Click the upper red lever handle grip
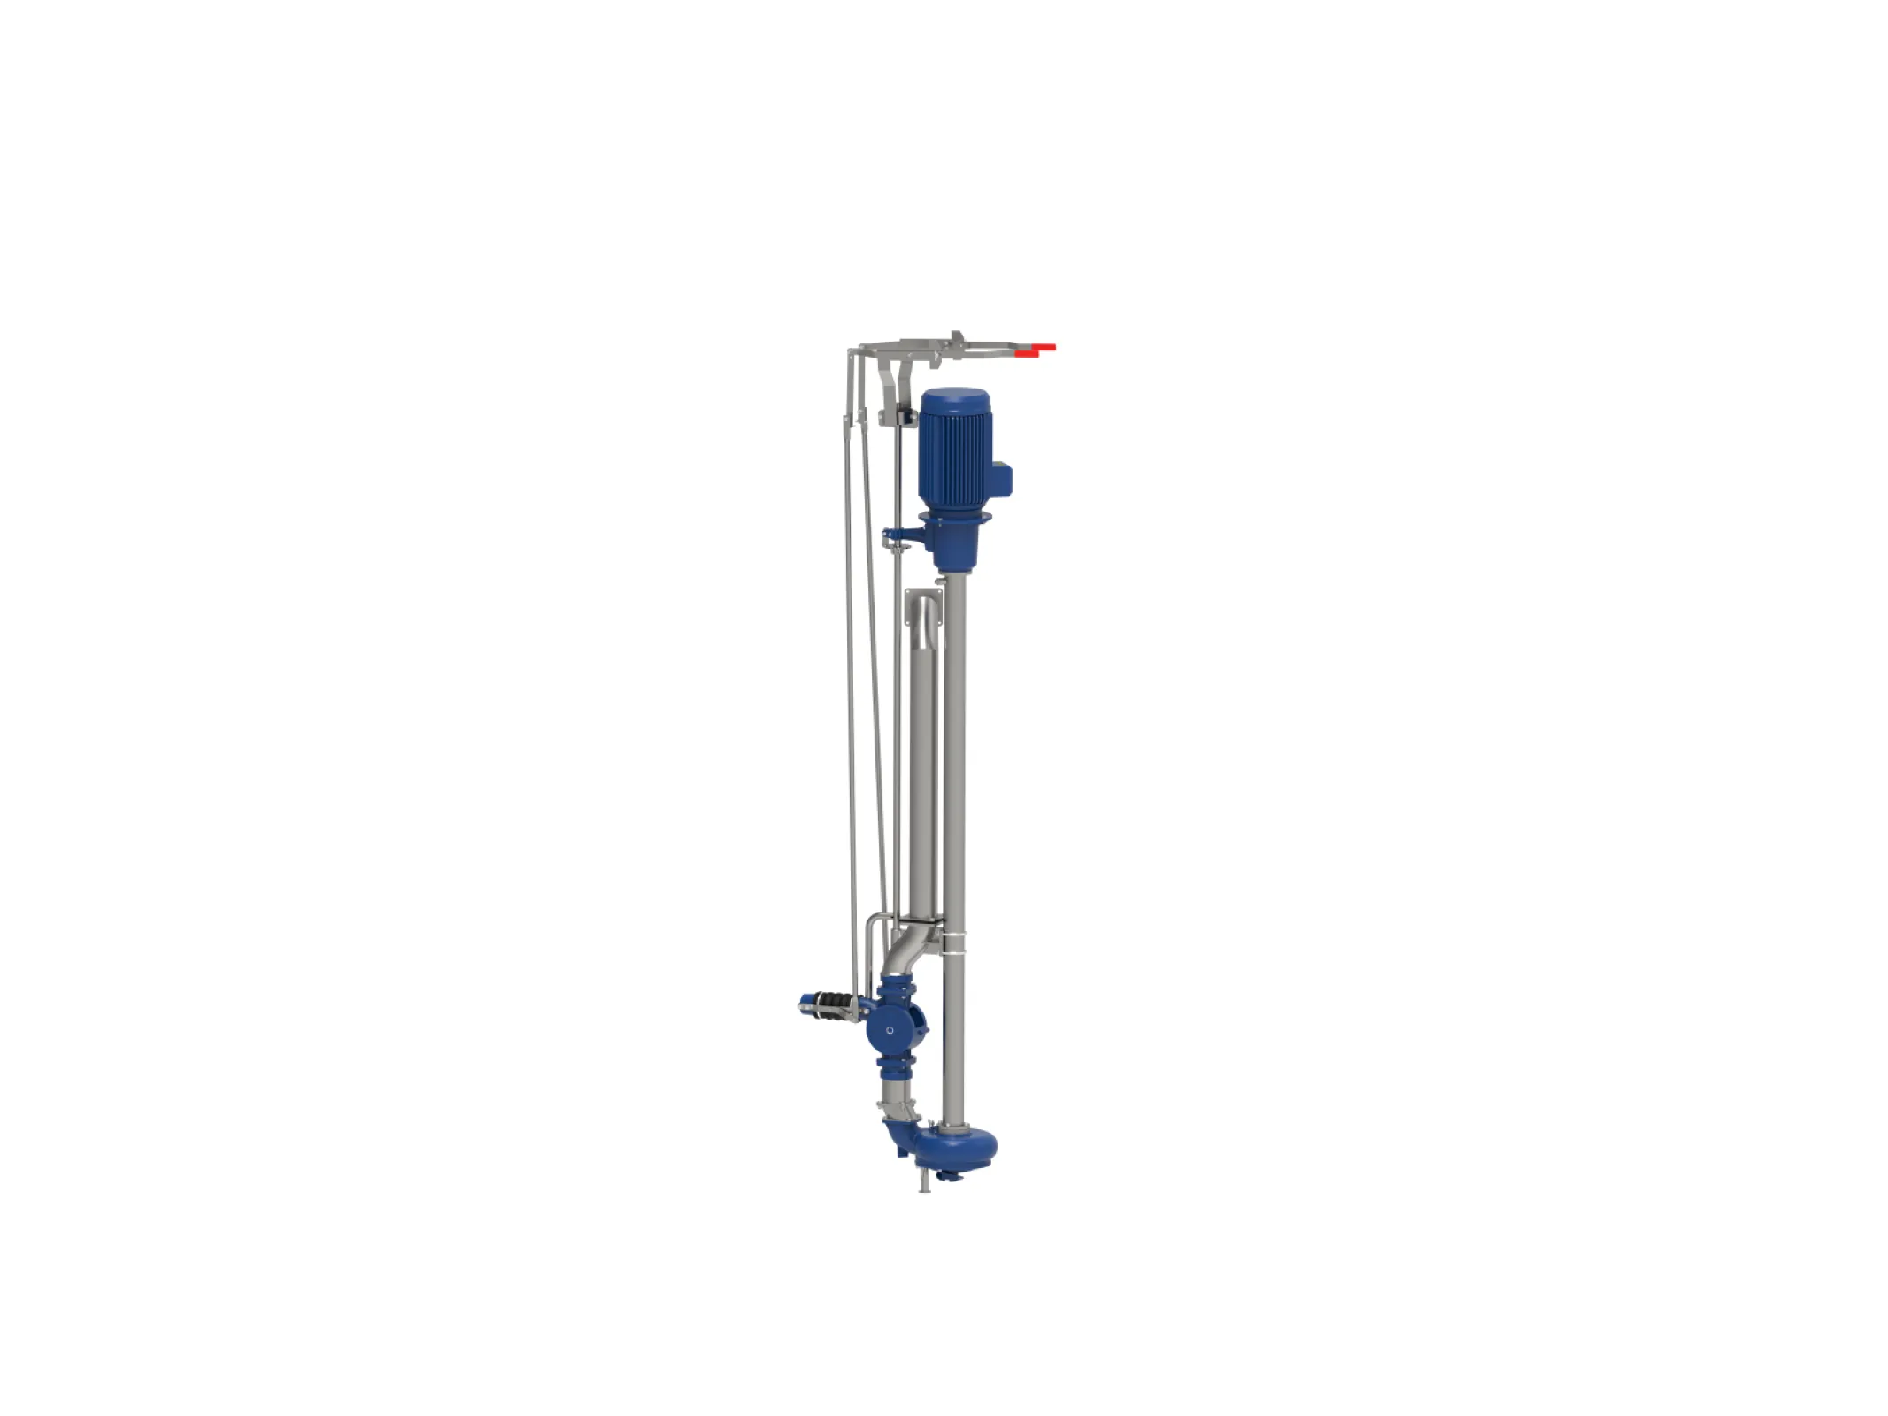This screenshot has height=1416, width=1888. coord(1045,347)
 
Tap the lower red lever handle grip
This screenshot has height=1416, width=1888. coord(1026,354)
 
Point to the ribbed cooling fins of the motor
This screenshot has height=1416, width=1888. coord(952,460)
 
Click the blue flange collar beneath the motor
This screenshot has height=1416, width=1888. coord(952,519)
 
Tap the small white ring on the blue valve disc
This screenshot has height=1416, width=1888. coord(890,1030)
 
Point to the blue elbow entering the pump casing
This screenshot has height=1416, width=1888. coord(898,1137)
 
